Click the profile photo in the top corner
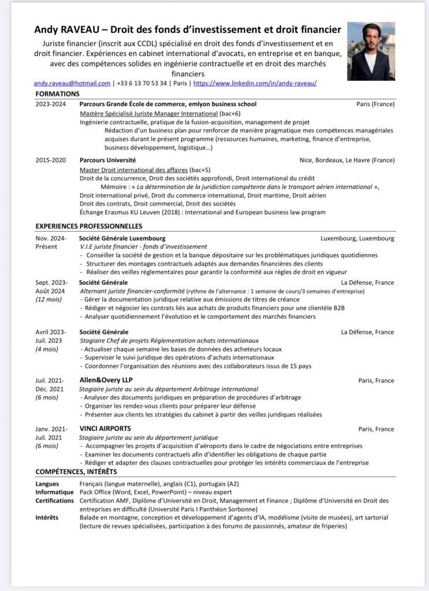[371, 51]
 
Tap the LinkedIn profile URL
[254, 83]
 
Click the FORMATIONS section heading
[57, 94]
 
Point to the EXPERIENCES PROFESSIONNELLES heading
[88, 226]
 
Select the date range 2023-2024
[50, 104]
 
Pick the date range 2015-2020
[50, 160]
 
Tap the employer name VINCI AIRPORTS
[105, 429]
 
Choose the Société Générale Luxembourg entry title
[122, 238]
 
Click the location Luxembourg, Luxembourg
[357, 238]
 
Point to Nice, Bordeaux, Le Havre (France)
[346, 160]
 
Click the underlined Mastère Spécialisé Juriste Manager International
[148, 114]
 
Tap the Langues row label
[47, 484]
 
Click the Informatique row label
[53, 492]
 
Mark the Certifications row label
[54, 500]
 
